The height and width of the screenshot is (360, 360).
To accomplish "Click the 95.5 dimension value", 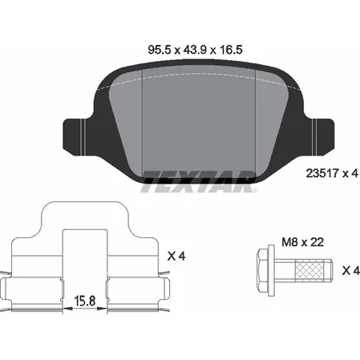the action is (159, 50).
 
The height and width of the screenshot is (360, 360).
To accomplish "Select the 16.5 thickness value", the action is (231, 50).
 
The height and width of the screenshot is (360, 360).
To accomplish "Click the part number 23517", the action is (322, 173).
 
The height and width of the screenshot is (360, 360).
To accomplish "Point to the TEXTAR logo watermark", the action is (199, 182).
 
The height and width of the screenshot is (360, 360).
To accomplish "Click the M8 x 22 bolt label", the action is (303, 242).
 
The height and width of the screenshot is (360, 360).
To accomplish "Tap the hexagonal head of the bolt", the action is (263, 270).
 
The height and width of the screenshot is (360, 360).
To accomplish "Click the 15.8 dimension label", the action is (85, 301).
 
